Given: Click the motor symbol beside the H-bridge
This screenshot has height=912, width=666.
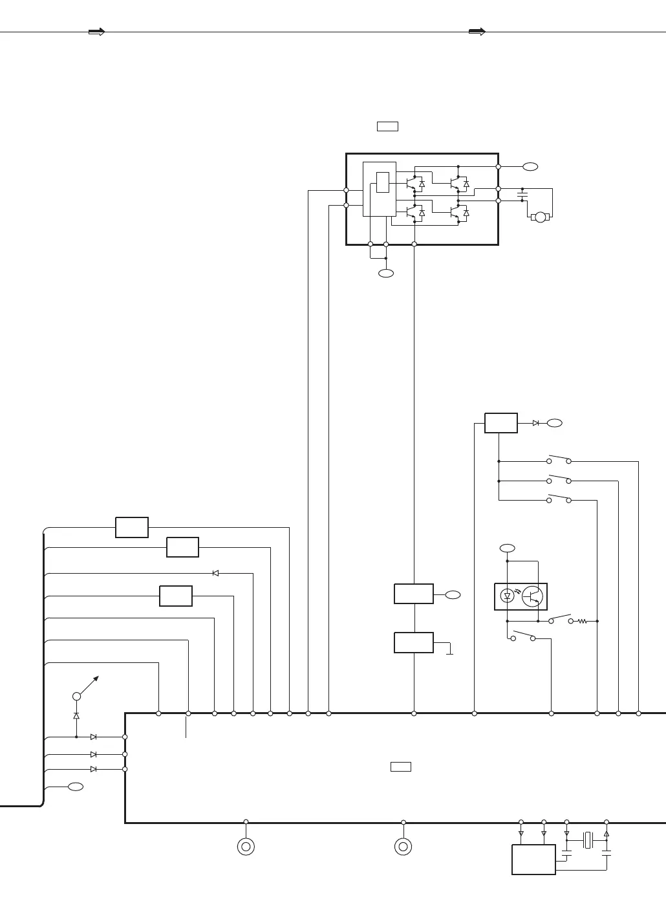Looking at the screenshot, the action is point(541,217).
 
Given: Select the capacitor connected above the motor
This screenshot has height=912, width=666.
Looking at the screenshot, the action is point(522,194).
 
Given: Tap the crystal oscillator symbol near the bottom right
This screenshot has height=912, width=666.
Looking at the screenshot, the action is point(587,840).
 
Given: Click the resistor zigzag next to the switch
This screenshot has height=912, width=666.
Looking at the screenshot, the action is point(583,621).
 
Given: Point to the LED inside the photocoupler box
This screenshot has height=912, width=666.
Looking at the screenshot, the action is point(508,596).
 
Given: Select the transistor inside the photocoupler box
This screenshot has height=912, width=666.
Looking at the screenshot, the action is point(532,596).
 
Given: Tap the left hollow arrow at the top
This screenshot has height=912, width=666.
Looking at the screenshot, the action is point(96,32).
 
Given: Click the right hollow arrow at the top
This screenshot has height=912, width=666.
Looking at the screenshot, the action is point(477,32).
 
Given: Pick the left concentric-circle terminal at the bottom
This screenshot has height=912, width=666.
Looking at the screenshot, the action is point(246,847).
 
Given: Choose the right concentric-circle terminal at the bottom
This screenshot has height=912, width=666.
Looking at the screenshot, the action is point(403,847).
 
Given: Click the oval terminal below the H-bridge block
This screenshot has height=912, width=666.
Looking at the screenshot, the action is point(385,274).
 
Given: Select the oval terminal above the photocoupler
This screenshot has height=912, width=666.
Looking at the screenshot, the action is point(508,548).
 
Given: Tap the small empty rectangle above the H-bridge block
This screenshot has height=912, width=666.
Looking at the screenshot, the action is point(387,126).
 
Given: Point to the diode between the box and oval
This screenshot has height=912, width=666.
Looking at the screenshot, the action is point(535,423).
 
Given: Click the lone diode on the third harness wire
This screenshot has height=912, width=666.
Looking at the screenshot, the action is point(215,573).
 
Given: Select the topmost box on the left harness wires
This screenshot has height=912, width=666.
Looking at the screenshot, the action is point(132,527).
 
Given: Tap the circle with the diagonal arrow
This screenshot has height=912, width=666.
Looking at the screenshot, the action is point(76,696).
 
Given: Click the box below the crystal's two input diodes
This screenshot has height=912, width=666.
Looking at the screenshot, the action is point(533,859).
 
